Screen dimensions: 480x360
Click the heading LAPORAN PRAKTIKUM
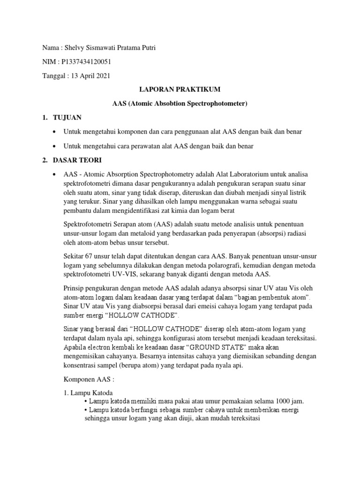180,90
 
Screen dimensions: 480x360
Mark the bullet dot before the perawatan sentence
56,146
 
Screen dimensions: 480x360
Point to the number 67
91,257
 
